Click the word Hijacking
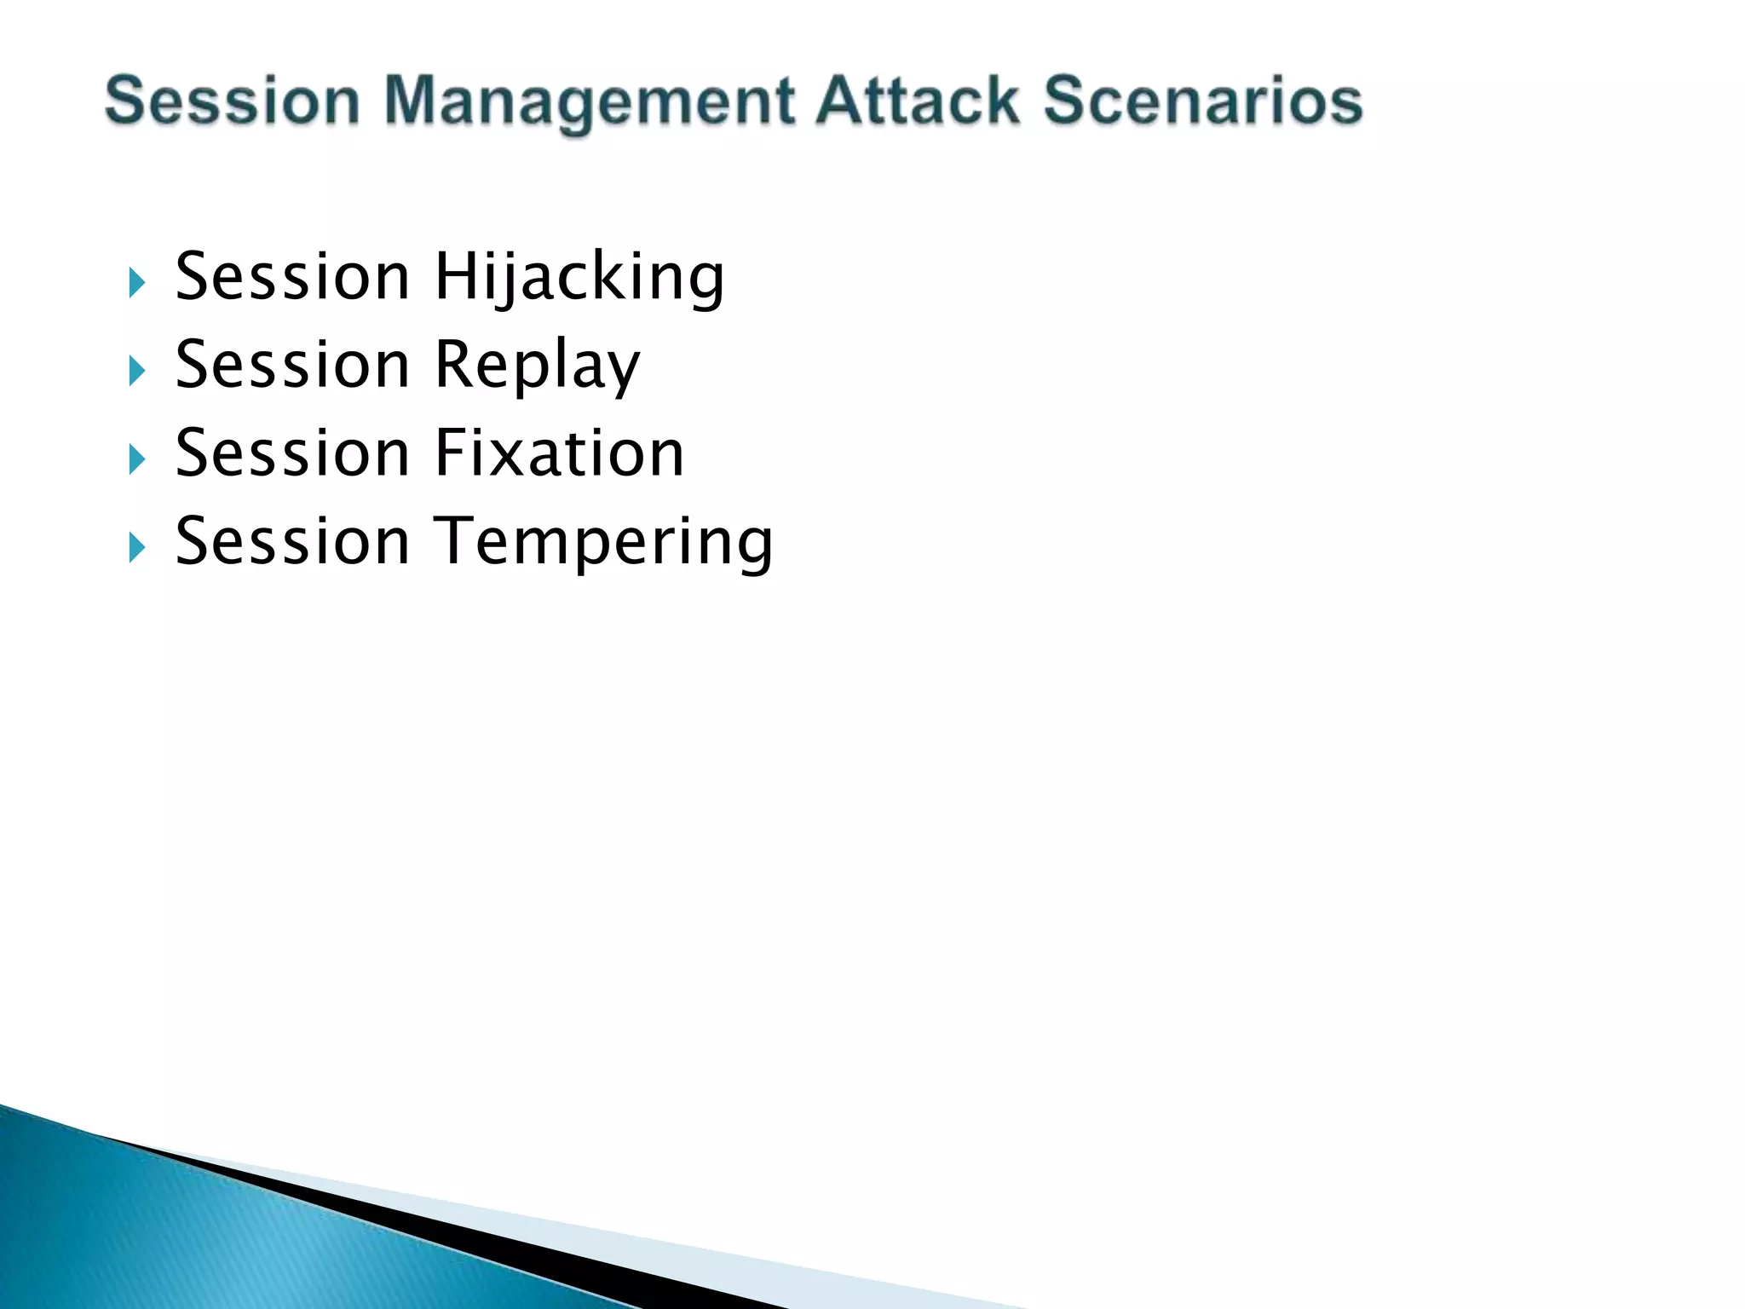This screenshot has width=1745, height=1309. pos(579,278)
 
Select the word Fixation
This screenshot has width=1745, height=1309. pos(559,453)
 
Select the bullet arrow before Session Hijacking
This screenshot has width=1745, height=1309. pos(136,283)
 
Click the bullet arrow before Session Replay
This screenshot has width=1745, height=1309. pos(136,371)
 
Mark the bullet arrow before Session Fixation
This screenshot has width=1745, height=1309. pos(136,459)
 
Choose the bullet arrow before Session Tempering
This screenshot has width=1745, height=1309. pos(136,547)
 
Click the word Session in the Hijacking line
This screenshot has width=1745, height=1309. pos(292,278)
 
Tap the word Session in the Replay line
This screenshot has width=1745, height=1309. pos(292,366)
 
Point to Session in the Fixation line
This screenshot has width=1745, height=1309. pos(292,453)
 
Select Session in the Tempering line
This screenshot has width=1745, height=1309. pos(292,542)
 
